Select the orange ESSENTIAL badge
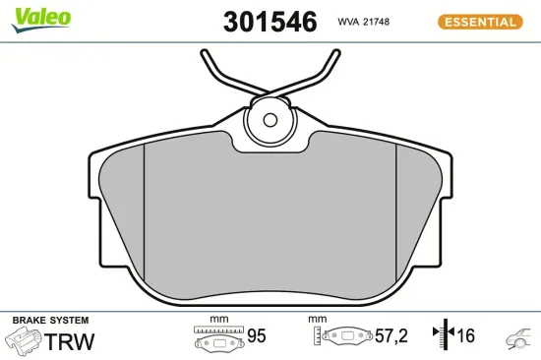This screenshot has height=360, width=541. [x=482, y=21]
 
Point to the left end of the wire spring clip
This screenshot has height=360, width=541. [x=204, y=51]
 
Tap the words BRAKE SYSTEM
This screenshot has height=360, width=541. [x=50, y=321]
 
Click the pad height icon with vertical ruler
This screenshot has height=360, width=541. [x=339, y=338]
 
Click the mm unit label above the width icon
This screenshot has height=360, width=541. [x=217, y=320]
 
